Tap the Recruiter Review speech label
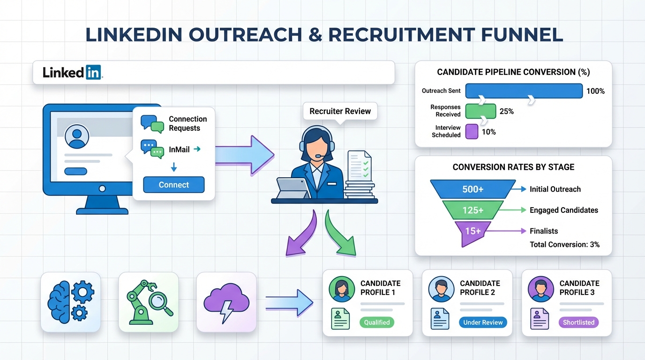(x=340, y=111)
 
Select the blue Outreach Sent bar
(x=524, y=91)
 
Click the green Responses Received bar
(x=480, y=111)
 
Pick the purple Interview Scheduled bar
(x=472, y=132)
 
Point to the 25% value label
(x=507, y=112)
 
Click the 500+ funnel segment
(x=472, y=189)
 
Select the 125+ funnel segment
(x=472, y=210)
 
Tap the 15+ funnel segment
(x=472, y=231)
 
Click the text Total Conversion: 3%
(x=564, y=244)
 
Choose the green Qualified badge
(x=377, y=322)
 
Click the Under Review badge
(x=483, y=322)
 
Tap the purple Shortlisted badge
(x=578, y=322)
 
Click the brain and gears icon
(x=71, y=302)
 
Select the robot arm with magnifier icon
(x=149, y=302)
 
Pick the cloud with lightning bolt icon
(x=226, y=302)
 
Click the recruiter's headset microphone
(x=318, y=156)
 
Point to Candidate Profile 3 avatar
(x=541, y=289)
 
